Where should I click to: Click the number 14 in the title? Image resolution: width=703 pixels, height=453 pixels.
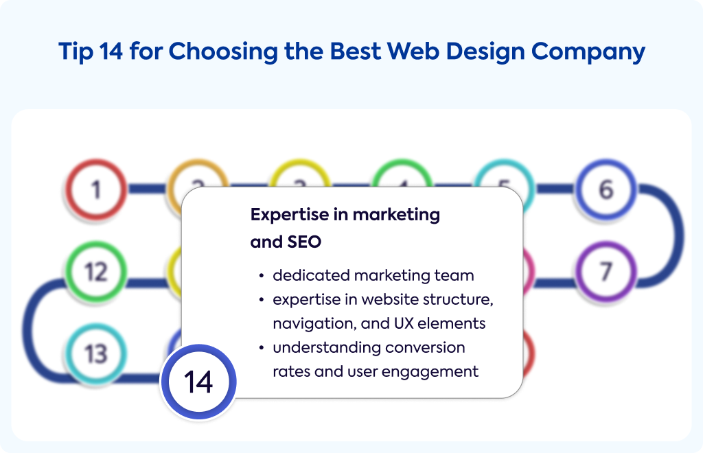click(x=111, y=51)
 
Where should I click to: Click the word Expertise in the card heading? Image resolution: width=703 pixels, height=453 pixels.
click(x=290, y=215)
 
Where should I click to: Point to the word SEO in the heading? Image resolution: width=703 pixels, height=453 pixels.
click(x=304, y=242)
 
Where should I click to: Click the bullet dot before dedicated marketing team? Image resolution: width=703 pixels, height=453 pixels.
click(x=262, y=276)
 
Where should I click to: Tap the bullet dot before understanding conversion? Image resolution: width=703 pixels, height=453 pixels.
click(x=262, y=348)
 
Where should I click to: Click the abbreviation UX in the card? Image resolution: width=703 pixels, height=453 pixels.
click(x=404, y=323)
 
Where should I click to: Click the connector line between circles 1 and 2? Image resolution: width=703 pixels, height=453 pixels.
click(x=148, y=189)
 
